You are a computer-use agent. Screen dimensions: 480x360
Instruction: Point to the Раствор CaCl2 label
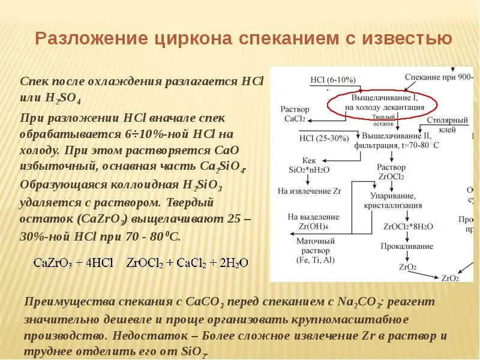coord(295,114)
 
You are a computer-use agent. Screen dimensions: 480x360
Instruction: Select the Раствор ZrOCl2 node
coord(391,172)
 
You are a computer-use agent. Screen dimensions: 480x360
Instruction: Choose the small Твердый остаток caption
coord(383,120)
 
